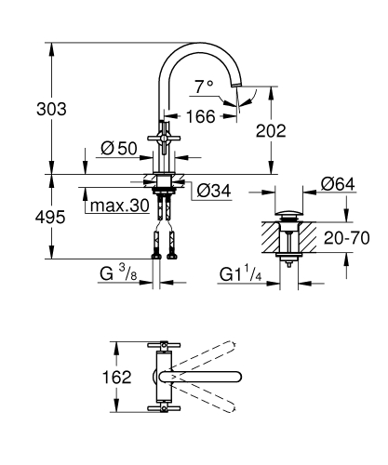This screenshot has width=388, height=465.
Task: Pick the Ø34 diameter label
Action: click(x=215, y=193)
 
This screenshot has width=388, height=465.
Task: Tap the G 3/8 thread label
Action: click(x=119, y=274)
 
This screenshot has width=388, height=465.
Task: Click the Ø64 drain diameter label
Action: click(x=338, y=185)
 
